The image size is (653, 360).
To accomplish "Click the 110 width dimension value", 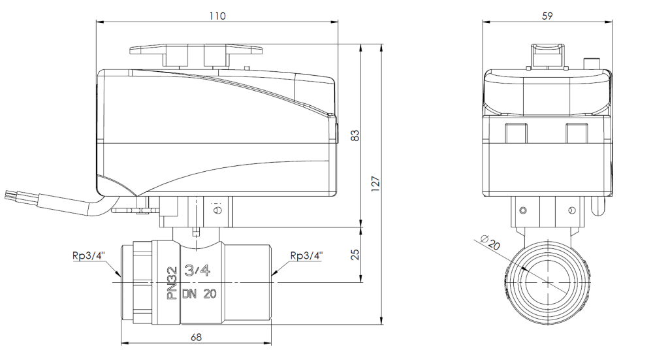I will click(x=217, y=16).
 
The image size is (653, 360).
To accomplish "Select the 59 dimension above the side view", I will click(x=548, y=16).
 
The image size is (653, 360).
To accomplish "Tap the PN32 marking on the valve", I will click(x=172, y=283).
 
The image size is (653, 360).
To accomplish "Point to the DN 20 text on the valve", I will click(x=200, y=295).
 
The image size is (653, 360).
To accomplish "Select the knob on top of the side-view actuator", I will click(x=547, y=55).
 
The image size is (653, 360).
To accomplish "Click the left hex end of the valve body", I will click(x=136, y=282).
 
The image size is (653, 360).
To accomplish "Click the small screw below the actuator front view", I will click(x=217, y=210).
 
